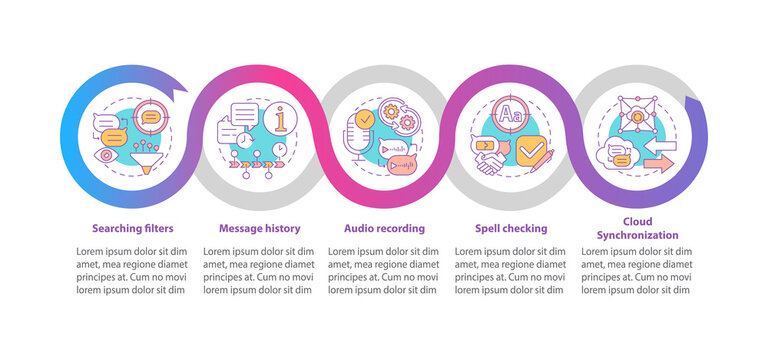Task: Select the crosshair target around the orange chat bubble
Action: coord(151,117)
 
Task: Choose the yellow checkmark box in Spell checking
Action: coord(534,150)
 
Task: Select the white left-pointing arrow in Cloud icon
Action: coord(661,145)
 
